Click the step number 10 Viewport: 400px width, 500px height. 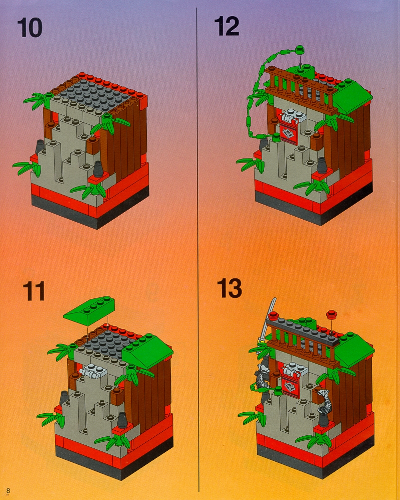click(30, 28)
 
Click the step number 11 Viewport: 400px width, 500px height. click(34, 291)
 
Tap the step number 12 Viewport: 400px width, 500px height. click(227, 26)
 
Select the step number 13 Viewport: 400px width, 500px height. click(229, 288)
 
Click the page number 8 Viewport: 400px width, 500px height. click(9, 490)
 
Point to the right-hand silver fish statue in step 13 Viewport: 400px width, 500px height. click(324, 401)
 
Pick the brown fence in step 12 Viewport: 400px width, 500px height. click(303, 88)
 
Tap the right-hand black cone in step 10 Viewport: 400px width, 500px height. click(98, 169)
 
